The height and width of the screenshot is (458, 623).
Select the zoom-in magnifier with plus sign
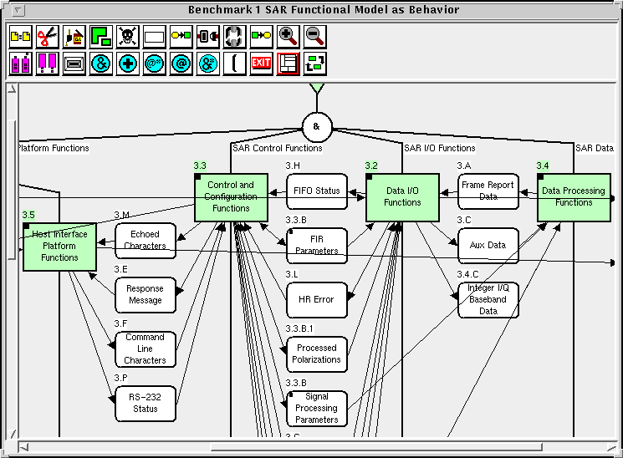point(289,37)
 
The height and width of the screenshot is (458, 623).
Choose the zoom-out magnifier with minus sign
point(315,37)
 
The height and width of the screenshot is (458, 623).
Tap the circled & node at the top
point(317,128)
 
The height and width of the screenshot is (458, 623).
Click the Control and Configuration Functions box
point(231,197)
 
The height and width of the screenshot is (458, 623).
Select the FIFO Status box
point(317,191)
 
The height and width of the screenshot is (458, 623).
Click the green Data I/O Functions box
point(402,197)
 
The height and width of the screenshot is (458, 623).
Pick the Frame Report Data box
point(488,191)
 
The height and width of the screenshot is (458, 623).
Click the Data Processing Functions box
point(574,197)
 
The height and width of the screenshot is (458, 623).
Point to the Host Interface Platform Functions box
point(59,246)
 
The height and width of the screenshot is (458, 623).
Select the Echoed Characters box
point(146,241)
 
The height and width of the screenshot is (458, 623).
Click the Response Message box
point(146,295)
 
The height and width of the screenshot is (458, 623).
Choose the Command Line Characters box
point(146,349)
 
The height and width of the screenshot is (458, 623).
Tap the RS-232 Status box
point(146,404)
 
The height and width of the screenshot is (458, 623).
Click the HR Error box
point(317,300)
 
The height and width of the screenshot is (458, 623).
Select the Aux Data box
point(488,246)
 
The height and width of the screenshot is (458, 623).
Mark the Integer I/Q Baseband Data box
point(488,300)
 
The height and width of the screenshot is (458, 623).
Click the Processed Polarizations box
point(317,354)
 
